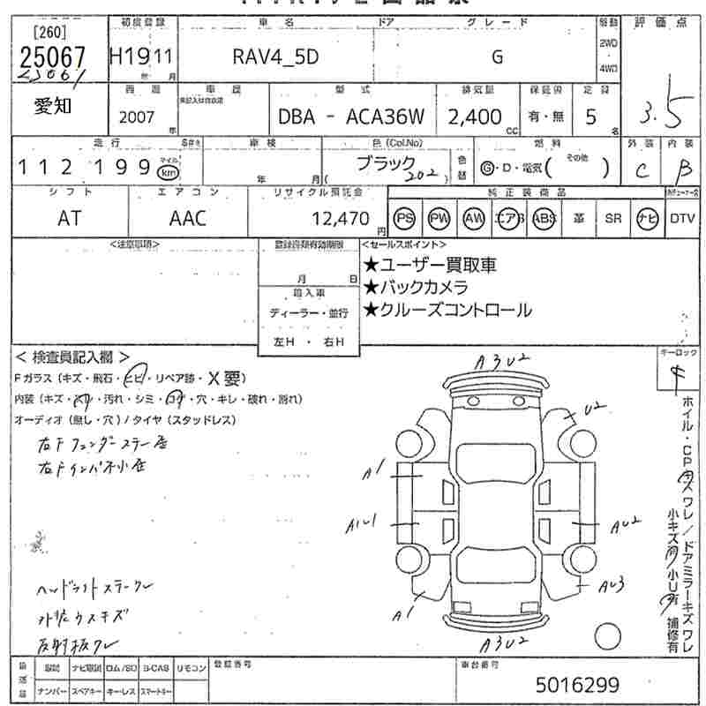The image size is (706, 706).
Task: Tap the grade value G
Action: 497,56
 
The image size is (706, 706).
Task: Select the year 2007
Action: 136,116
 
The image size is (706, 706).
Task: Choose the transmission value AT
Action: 70,218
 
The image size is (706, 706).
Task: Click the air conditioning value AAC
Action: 188,218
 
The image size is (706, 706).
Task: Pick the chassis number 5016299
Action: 578,684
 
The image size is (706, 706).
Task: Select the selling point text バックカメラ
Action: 415,287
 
